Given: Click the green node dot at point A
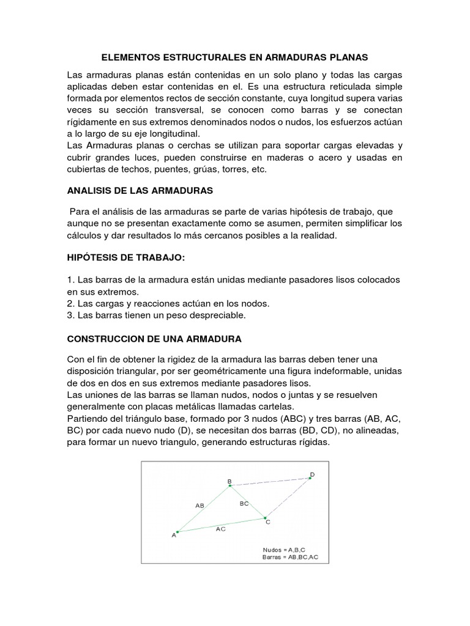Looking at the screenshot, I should click(177, 531).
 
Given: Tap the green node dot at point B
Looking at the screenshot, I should click(230, 486).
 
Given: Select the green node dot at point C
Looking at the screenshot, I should click(264, 517).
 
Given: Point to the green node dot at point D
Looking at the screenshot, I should click(310, 478).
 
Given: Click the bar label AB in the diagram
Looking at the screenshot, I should click(200, 506).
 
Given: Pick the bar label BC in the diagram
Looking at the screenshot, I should click(244, 503).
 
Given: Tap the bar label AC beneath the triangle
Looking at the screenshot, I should click(221, 529).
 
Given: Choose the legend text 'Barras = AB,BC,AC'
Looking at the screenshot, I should click(289, 557).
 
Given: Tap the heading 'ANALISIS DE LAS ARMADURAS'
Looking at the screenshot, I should click(140, 191).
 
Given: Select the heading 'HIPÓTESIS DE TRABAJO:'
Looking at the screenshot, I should click(125, 258).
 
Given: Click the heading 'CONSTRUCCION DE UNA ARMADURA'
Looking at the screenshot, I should click(154, 338).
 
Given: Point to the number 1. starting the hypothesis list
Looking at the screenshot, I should click(70, 279).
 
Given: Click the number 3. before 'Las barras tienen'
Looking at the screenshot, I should click(70, 315).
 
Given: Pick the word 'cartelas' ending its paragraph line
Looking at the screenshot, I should click(277, 406).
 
